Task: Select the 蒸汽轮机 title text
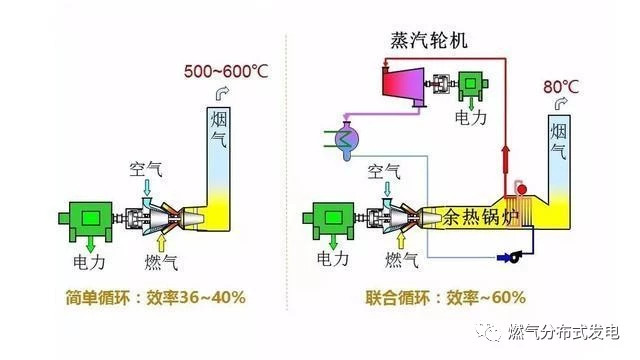(x=429, y=41)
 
